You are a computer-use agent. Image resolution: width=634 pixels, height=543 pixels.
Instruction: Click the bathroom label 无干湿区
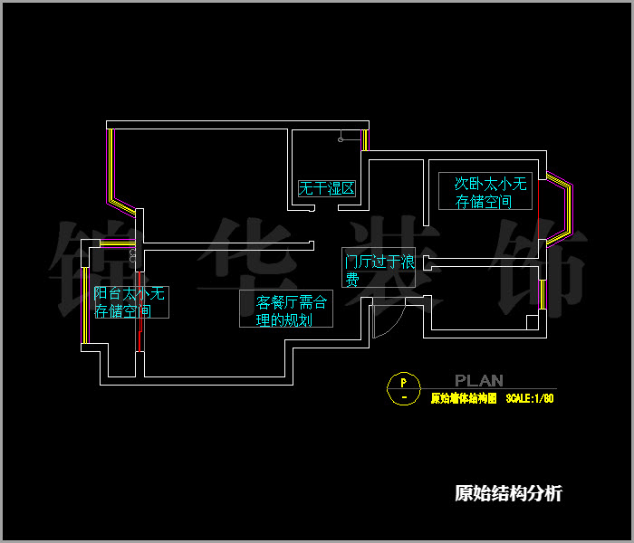327,189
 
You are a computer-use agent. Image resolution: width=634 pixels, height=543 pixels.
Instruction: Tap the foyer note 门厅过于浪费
379,270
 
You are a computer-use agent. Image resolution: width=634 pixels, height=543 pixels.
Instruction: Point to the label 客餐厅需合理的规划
286,310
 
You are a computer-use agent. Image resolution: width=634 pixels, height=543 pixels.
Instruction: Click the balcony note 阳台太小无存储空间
130,303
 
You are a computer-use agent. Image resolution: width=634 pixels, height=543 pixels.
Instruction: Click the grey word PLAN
479,381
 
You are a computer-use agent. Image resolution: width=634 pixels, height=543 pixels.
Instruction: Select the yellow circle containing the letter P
404,387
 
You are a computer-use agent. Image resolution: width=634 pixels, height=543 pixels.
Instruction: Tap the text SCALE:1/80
530,398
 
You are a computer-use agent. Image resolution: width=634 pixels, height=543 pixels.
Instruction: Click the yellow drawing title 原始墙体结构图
463,398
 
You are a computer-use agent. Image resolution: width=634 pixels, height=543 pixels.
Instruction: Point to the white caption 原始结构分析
508,493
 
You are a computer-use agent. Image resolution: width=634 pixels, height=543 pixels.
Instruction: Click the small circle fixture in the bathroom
341,139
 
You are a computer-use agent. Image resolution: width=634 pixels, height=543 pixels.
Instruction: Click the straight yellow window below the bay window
541,294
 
